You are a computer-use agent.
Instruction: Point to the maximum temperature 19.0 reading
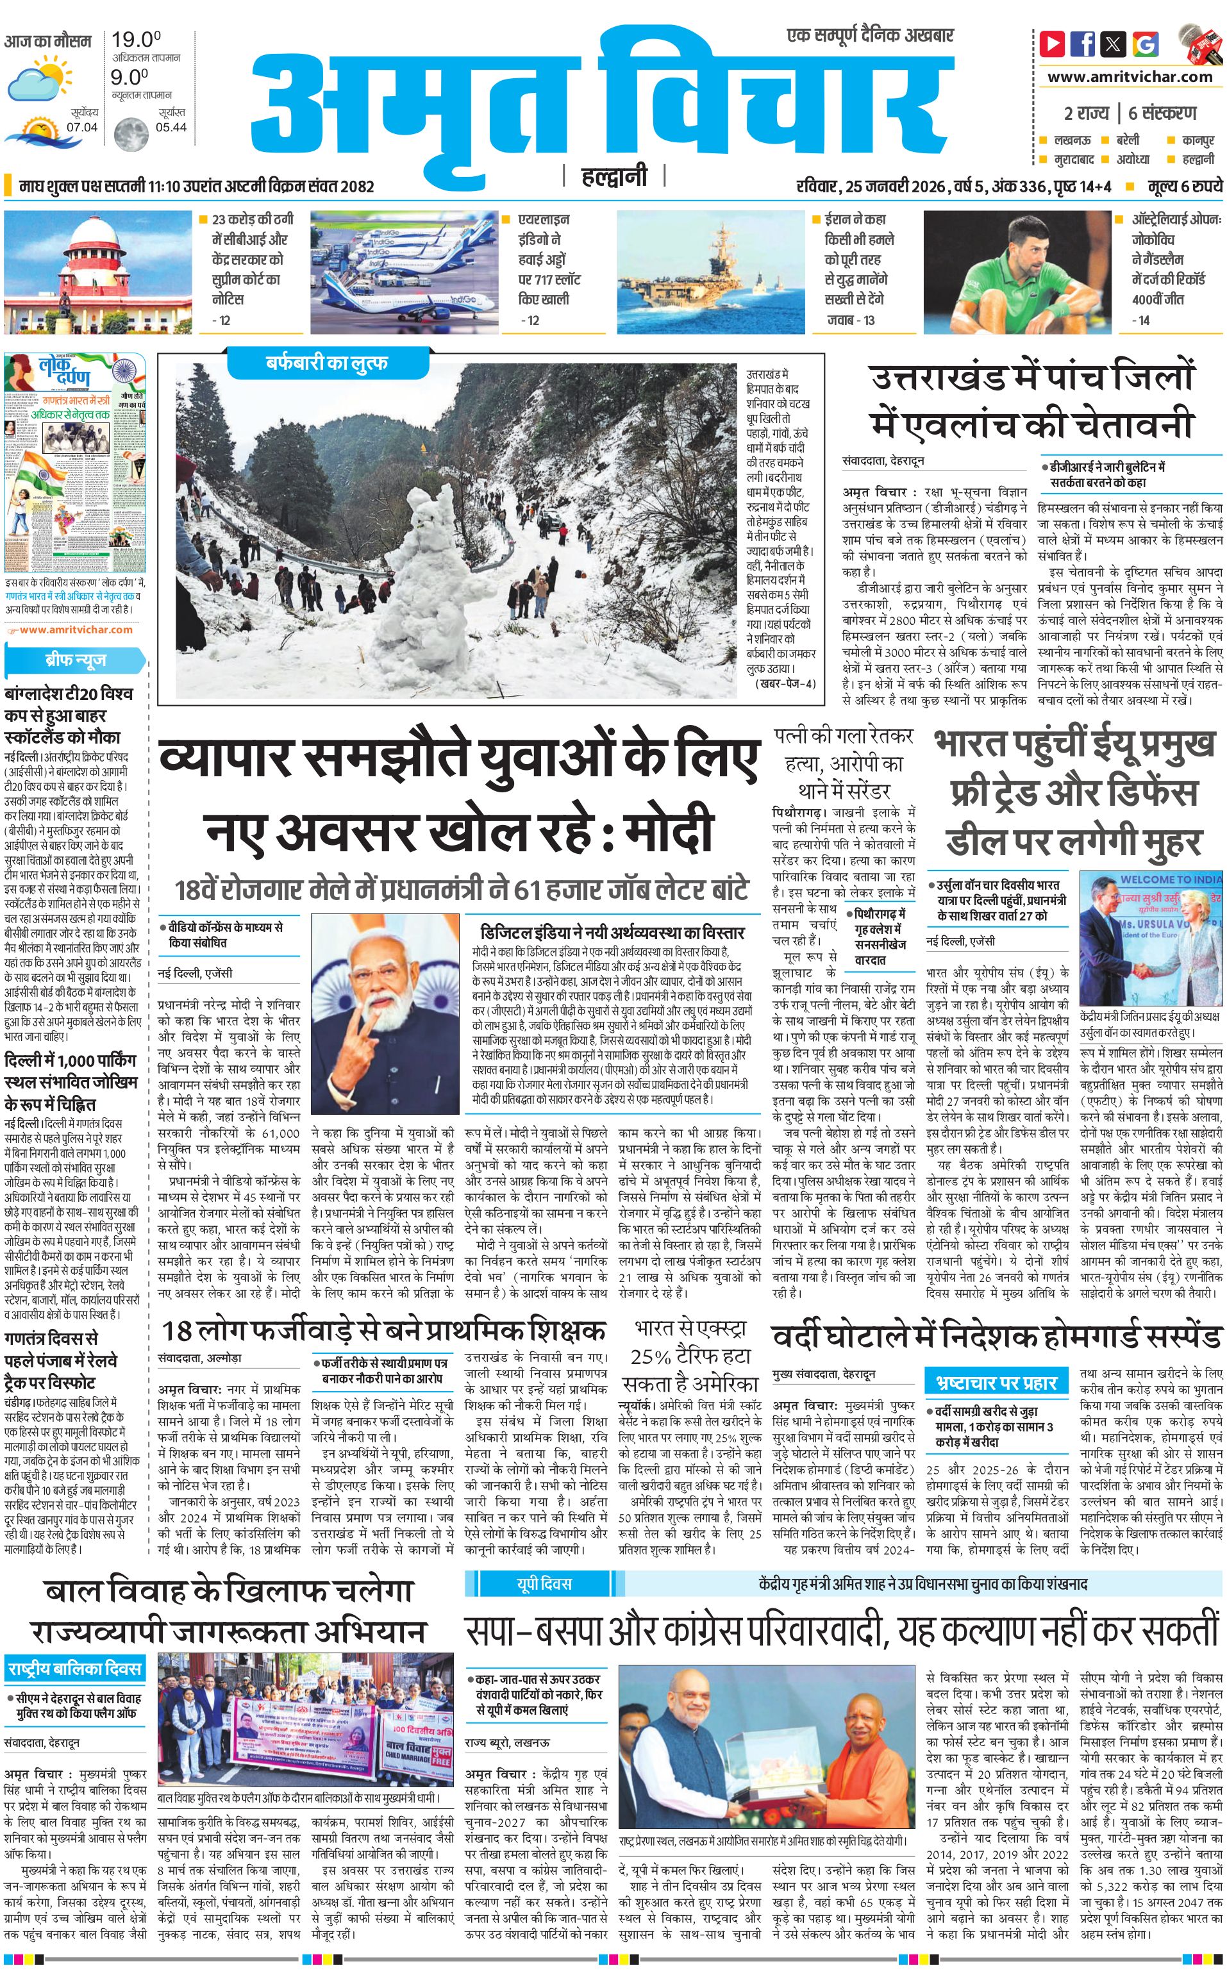135,39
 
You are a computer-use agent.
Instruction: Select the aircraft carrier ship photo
710,272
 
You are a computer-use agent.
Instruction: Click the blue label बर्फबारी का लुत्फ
327,363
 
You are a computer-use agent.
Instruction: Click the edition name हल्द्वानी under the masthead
614,176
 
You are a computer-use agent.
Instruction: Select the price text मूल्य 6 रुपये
1184,187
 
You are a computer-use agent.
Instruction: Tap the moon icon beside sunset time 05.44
131,134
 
